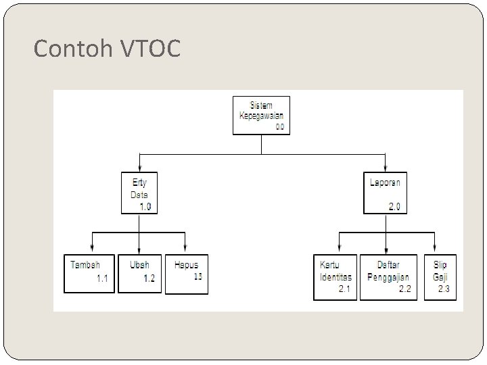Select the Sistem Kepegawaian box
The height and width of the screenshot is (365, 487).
(262, 115)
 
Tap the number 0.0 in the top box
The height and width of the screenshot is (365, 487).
(280, 127)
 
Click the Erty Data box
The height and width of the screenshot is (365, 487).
(139, 193)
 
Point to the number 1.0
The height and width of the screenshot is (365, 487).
(145, 207)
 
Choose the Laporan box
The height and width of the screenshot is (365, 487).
(386, 193)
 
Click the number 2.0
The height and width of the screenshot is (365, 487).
(394, 207)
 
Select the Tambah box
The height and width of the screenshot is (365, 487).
(89, 273)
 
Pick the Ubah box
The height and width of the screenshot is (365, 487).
(139, 273)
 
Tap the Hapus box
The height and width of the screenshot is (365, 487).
(186, 273)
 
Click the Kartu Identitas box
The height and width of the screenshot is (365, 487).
(335, 276)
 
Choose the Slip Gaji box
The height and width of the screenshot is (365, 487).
(440, 276)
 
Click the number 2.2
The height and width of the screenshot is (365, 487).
(404, 290)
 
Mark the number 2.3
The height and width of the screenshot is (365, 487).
(444, 290)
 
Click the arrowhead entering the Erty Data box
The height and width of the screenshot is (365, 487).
(139, 168)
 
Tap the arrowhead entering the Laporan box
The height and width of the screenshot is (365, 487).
(386, 168)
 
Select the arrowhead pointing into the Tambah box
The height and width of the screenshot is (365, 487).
(92, 249)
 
